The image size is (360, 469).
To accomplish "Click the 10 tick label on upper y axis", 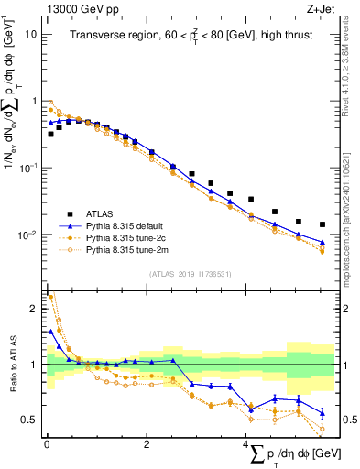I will (x=30, y=34).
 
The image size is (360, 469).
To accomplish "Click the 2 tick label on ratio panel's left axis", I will (x=34, y=309).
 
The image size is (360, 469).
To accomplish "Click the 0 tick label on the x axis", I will (x=47, y=444).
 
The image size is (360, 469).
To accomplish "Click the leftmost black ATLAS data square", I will (x=50, y=134).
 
